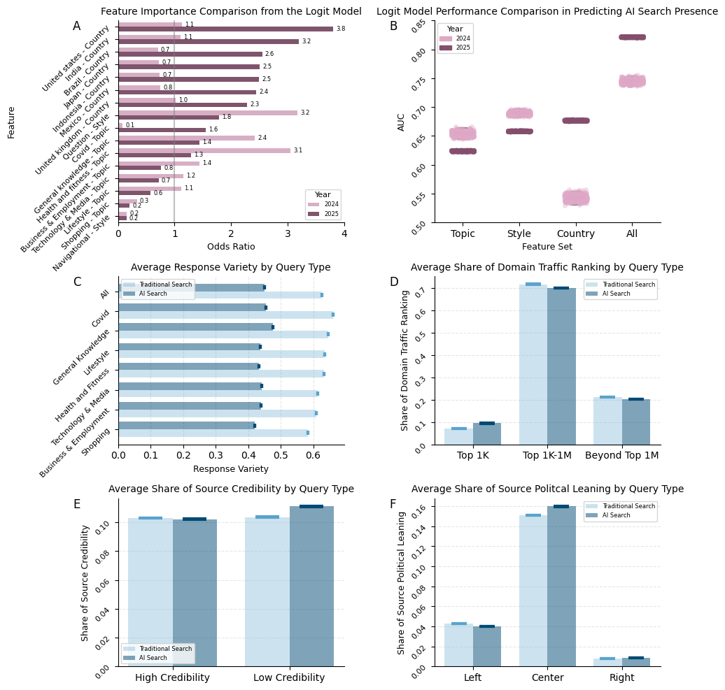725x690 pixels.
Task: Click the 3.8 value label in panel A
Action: click(x=340, y=29)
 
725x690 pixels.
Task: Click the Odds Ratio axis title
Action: click(x=231, y=247)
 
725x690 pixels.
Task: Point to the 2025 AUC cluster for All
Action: click(x=632, y=37)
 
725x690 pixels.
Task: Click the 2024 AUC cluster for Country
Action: click(x=576, y=198)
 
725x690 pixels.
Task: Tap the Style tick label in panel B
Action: click(x=519, y=233)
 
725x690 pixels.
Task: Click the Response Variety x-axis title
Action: click(x=231, y=469)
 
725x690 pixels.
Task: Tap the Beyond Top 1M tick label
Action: click(x=621, y=456)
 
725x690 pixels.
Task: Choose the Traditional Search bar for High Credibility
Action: click(x=150, y=591)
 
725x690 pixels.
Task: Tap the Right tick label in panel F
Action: click(x=621, y=677)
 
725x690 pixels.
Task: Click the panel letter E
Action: click(x=77, y=504)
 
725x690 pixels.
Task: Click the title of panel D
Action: click(x=547, y=267)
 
